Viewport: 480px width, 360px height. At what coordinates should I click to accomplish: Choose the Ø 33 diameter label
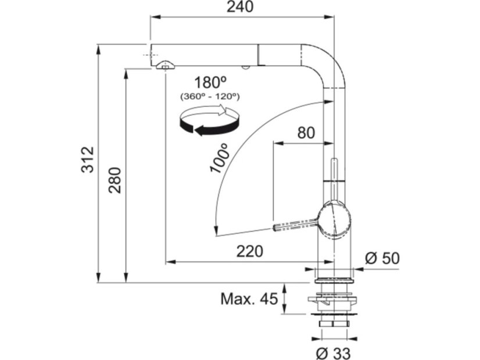pyautogui.click(x=335, y=351)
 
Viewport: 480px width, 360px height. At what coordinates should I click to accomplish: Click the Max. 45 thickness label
pyautogui.click(x=249, y=298)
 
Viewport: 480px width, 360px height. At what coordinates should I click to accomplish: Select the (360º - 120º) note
pyautogui.click(x=210, y=96)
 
